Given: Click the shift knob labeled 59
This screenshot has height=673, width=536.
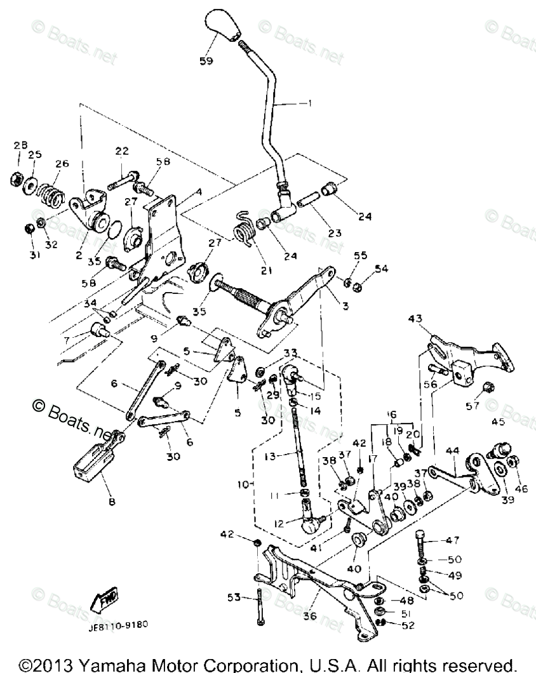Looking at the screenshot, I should (x=225, y=25).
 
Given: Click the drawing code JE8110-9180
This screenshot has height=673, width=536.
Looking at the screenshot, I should (x=118, y=624).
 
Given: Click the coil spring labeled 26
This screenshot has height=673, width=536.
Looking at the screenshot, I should (x=50, y=192).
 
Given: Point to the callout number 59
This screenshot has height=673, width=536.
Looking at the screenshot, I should (x=206, y=61).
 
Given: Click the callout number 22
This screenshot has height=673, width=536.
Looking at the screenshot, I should (x=122, y=150).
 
